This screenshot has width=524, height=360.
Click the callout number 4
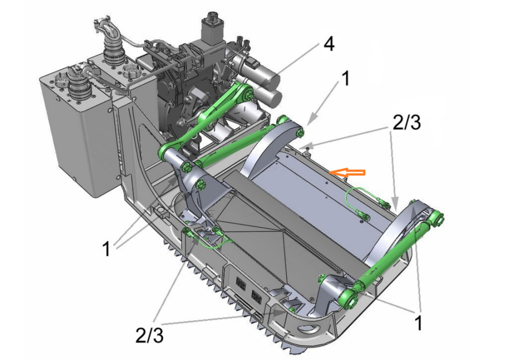point(329,44)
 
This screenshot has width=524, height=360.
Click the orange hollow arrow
point(347,172)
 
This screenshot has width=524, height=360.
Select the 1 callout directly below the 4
point(345,78)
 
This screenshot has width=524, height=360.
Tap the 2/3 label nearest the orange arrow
point(406,123)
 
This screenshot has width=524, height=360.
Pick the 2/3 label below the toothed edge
point(149,334)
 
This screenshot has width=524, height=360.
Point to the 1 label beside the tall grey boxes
point(106,249)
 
